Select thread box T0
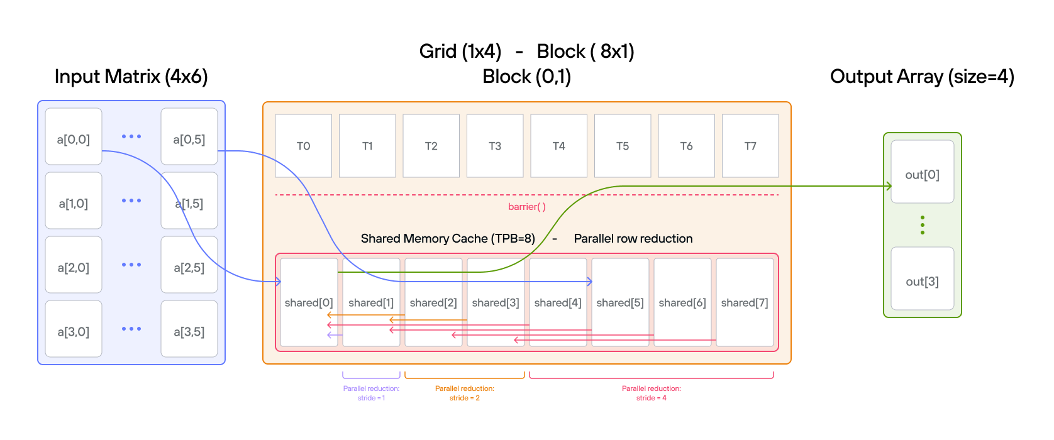pos(303,146)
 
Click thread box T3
pos(495,146)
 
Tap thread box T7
pos(750,146)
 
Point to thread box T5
pos(623,146)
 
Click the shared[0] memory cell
pos(309,302)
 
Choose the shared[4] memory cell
pos(558,302)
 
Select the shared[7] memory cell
pos(745,302)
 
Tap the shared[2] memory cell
pos(433,302)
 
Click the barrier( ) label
pos(527,207)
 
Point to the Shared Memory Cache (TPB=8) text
pos(448,239)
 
